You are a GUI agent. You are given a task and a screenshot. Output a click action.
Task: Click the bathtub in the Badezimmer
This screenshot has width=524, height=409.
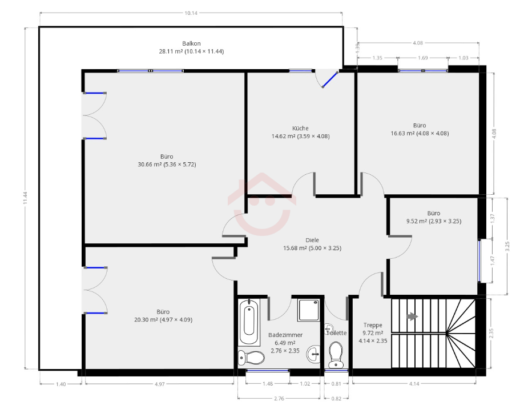pos(249,322)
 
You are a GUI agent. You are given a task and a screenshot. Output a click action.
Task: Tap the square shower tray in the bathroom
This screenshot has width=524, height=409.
pos(309,310)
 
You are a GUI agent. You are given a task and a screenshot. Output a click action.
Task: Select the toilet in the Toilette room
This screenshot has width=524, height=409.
pos(336,355)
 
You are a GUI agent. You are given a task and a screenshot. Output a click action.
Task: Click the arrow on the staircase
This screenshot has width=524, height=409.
pos(413,316)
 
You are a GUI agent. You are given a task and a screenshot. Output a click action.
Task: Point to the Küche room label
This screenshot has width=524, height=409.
pos(300,128)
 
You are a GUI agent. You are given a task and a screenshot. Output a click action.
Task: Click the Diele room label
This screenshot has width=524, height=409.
pos(312,240)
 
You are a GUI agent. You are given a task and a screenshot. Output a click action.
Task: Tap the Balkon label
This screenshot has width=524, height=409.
pos(191,43)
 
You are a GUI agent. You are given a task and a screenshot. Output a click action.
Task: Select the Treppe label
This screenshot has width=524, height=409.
pos(373,325)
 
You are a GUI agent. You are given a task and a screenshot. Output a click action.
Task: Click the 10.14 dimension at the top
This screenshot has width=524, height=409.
pos(191,13)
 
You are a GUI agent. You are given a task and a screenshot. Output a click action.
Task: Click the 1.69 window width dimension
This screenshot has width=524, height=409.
pos(423,58)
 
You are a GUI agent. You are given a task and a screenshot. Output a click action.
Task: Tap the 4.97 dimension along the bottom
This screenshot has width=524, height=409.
pos(159,384)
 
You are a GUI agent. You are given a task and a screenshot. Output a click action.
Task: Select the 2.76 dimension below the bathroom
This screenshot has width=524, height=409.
pos(279,399)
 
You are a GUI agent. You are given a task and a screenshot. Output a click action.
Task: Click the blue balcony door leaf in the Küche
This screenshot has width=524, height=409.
pos(330,79)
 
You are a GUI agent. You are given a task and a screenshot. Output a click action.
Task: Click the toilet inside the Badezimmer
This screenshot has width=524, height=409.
pos(251,358)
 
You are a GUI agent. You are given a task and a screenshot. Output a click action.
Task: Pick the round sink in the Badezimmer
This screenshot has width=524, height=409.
pos(313,353)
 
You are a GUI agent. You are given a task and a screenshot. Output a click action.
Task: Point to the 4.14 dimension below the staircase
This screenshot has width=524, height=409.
pos(414,384)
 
